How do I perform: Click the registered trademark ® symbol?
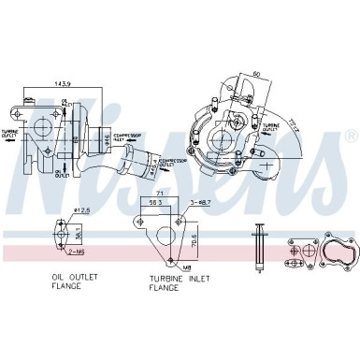coord(350,137)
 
